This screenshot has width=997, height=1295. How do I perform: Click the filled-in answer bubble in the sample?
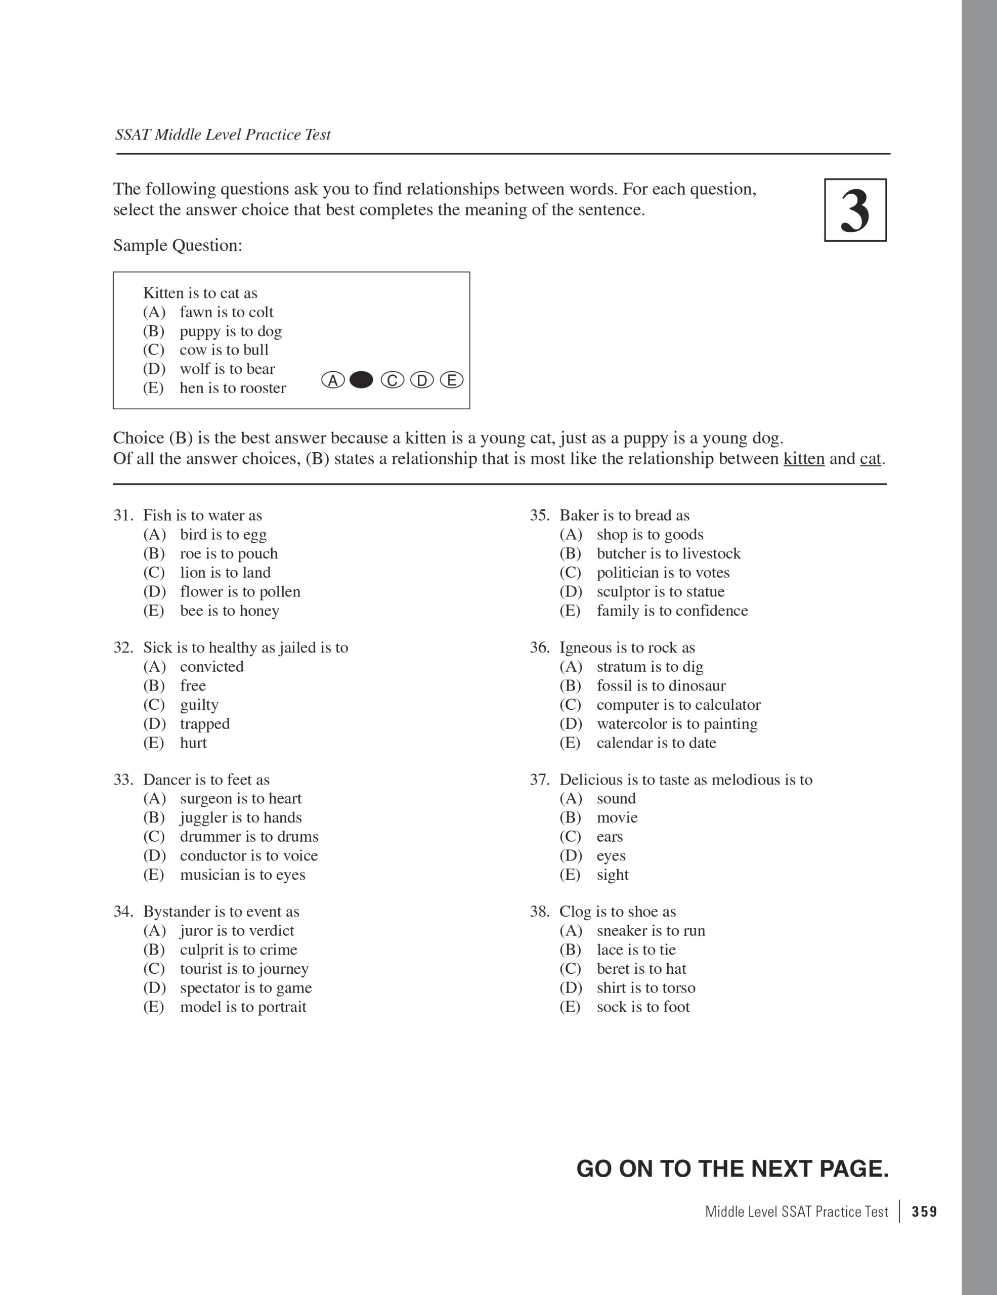[x=361, y=380]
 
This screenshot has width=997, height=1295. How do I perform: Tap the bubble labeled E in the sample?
[x=452, y=380]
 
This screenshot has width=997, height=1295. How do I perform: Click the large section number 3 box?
[x=855, y=210]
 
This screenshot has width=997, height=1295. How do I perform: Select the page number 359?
[x=925, y=1212]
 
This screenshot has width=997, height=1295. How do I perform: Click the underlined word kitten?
[x=804, y=459]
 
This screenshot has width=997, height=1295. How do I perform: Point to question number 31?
[x=123, y=515]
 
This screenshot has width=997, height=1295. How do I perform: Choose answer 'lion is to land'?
[x=225, y=572]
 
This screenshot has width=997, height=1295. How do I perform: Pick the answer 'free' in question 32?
[x=193, y=685]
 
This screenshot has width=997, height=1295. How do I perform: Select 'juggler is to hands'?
[x=241, y=817]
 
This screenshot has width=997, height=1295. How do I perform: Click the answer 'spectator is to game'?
[x=245, y=987]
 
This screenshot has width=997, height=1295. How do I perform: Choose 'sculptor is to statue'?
[x=660, y=591]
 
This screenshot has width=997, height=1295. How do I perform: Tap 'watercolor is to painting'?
[x=677, y=723]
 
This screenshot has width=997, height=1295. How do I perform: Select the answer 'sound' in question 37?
[x=616, y=798]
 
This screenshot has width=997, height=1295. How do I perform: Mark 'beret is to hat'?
[x=641, y=968]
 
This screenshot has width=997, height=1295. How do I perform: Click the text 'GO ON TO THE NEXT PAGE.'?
[x=732, y=1169]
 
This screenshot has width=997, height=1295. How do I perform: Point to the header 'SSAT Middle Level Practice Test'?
[x=223, y=135]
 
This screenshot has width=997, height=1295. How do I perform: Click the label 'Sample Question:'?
[x=178, y=245]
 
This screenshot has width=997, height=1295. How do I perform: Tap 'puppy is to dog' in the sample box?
[x=231, y=331]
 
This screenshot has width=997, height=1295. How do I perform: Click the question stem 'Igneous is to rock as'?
[x=627, y=647]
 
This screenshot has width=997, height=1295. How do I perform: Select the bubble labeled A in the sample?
[x=333, y=380]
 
